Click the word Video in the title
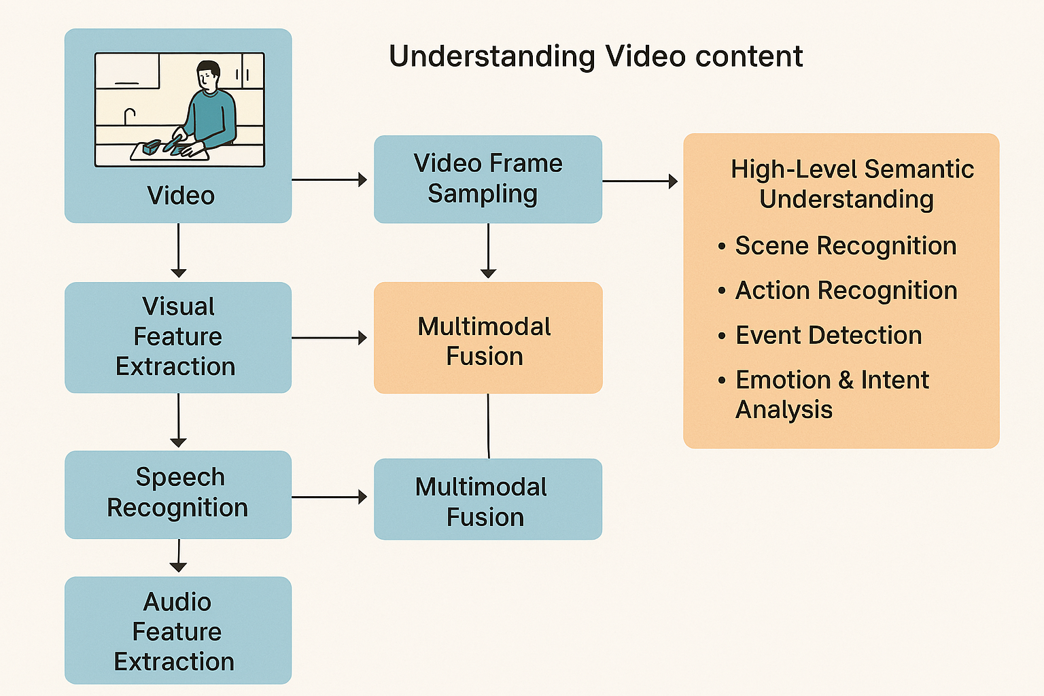[644, 56]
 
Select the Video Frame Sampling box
[487, 179]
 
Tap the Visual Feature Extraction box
[177, 337]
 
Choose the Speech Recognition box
[177, 494]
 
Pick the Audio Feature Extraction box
[177, 631]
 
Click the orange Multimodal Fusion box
[487, 338]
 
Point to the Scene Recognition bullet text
[845, 246]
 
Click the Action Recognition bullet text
[846, 291]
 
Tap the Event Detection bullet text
[828, 336]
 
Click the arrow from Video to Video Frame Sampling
[330, 179]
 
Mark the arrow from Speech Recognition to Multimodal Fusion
[330, 498]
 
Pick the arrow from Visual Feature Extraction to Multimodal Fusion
[330, 338]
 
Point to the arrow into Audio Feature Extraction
[178, 556]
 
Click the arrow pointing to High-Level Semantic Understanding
[640, 181]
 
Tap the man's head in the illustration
[208, 75]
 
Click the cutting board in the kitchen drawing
[170, 152]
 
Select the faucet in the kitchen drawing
[129, 116]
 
